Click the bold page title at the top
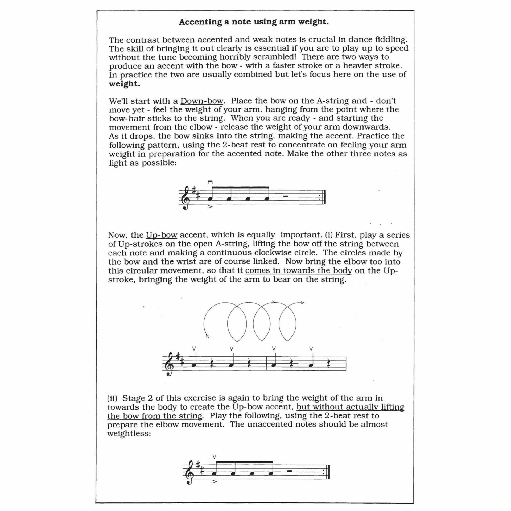[x=254, y=22]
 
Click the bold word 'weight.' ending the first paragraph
[x=124, y=84]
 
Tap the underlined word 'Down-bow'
[x=202, y=101]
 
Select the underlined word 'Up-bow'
[x=162, y=235]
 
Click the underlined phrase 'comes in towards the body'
[x=299, y=271]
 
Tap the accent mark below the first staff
[x=210, y=207]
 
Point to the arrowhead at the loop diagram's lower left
[x=208, y=336]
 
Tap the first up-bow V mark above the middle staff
[x=194, y=348]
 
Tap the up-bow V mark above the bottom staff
[x=215, y=457]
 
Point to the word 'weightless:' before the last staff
[x=129, y=434]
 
